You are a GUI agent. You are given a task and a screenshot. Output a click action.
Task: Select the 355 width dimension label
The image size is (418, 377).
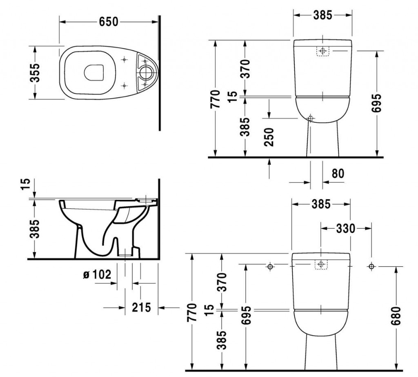(36, 73)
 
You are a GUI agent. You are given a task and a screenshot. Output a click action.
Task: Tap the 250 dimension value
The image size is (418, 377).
(269, 136)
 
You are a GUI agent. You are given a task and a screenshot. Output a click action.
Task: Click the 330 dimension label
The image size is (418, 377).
(345, 229)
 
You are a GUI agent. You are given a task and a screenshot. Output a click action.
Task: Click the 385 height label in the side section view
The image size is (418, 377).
(36, 229)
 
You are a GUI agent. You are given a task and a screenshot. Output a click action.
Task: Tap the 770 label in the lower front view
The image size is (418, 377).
(192, 312)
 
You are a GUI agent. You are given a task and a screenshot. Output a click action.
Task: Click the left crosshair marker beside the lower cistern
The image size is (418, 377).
(269, 267)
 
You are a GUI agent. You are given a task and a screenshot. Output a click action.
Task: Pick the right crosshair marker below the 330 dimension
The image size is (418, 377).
(371, 267)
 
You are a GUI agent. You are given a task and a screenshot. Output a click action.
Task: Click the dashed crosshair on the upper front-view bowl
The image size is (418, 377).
(310, 118)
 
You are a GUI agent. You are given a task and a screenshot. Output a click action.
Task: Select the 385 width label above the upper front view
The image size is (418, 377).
(322, 15)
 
